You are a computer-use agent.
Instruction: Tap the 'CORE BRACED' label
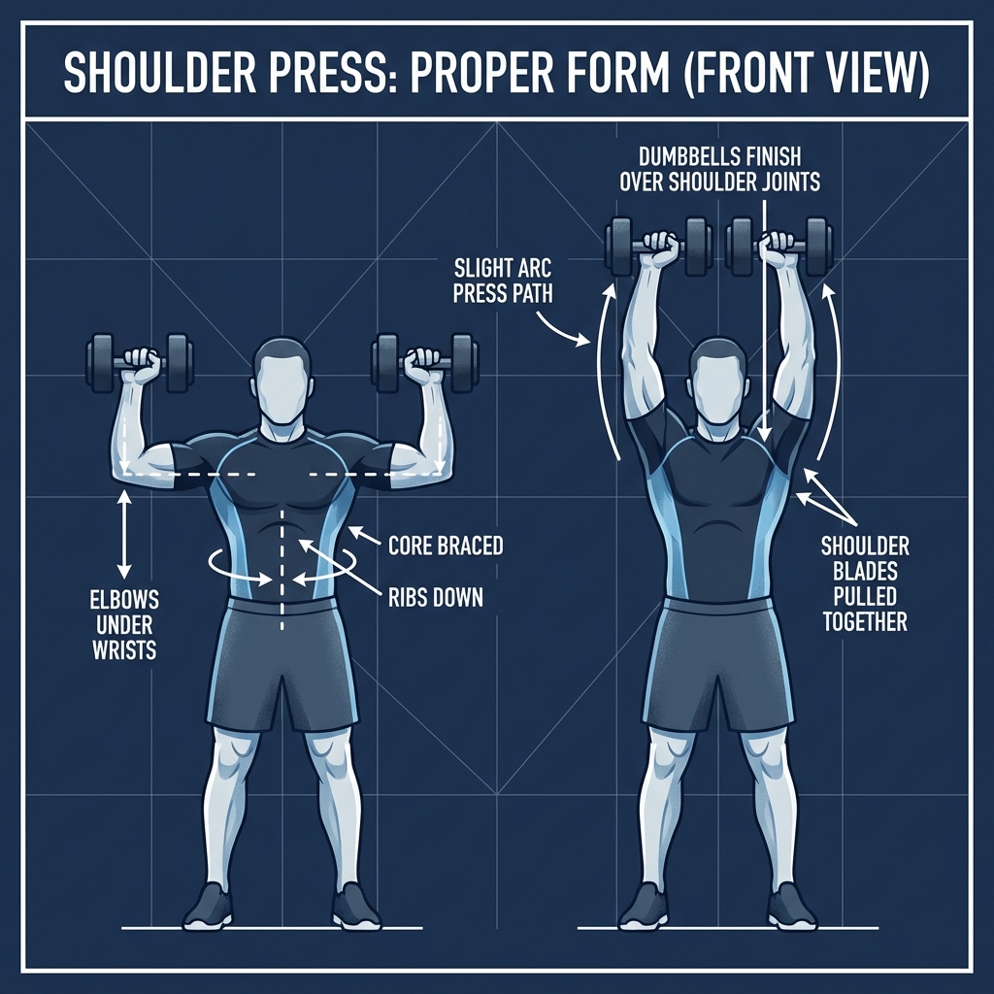(446, 545)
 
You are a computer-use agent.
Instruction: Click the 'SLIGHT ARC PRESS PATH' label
(502, 279)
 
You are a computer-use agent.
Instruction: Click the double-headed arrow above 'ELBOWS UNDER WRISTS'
(123, 529)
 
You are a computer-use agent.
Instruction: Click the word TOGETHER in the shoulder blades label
(865, 620)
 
